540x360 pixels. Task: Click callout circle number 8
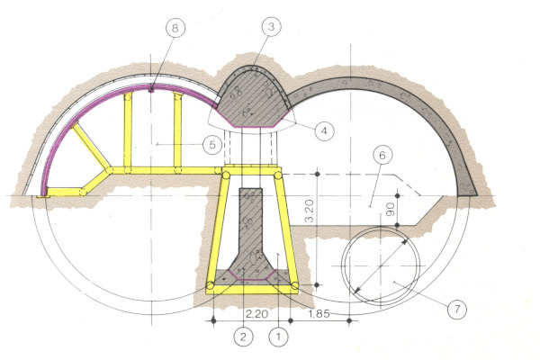175,28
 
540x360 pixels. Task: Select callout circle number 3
271,26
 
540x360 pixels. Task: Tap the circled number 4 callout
324,130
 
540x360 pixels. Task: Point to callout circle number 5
212,145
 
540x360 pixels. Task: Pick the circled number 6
382,156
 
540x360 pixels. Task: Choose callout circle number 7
457,309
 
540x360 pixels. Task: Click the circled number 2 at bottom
243,337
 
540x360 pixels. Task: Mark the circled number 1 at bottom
278,337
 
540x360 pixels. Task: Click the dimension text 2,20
256,314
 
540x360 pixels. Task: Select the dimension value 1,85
319,314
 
